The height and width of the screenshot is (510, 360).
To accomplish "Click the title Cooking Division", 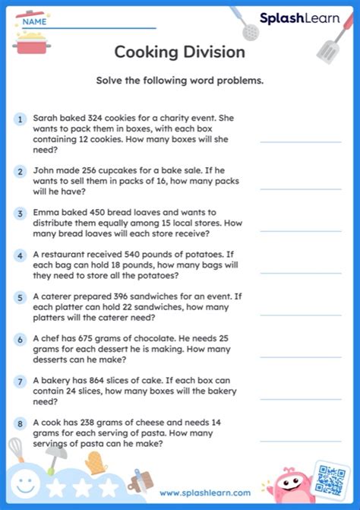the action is (179, 52).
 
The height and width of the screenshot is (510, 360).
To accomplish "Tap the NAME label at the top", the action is (34, 22).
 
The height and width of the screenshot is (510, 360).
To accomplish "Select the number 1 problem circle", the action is (21, 119).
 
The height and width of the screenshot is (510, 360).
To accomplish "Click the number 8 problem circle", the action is (21, 424).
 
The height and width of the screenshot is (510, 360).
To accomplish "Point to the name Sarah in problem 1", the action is (45, 119).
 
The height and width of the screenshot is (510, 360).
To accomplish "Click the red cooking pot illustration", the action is (30, 42).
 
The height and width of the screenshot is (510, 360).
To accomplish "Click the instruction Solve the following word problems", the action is (179, 81).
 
